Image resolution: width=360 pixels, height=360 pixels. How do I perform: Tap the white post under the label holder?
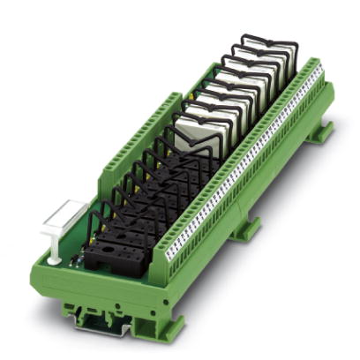54,251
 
